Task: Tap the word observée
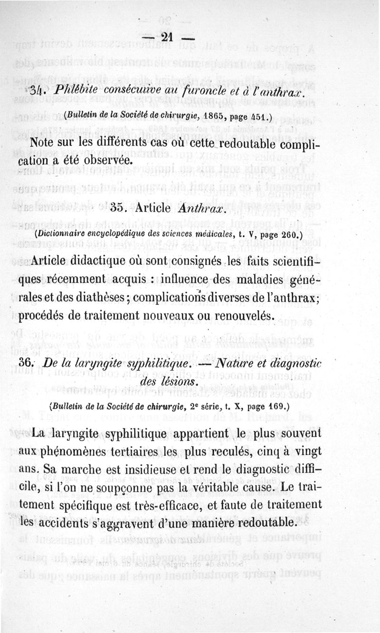pos(103,160)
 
